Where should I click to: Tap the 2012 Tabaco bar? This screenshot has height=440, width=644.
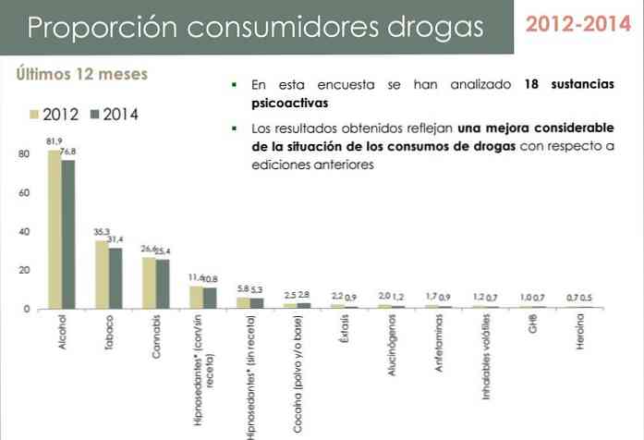[x=103, y=274]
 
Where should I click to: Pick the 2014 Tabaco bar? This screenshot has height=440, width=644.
[x=115, y=277]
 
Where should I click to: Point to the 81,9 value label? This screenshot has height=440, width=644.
[x=55, y=141]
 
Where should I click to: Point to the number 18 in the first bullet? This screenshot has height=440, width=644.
[x=530, y=84]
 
